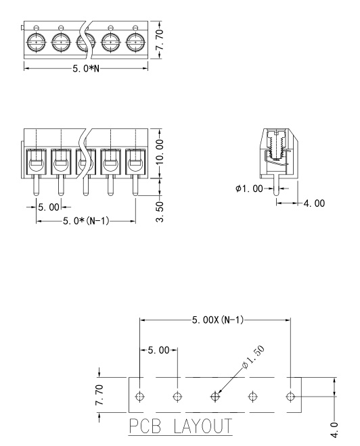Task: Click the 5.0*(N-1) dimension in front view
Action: [x=86, y=221]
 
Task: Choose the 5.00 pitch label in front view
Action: [x=49, y=205]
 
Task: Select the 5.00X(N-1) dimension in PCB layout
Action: [x=215, y=320]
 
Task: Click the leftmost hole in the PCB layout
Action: [x=139, y=396]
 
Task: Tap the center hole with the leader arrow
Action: [x=215, y=396]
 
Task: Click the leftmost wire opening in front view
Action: [x=35, y=162]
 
